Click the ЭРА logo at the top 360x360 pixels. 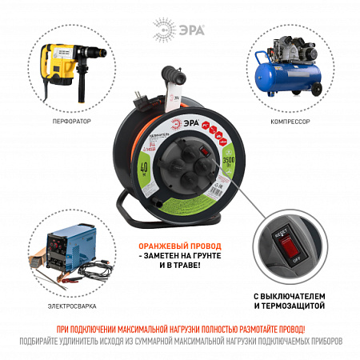[180, 30]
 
